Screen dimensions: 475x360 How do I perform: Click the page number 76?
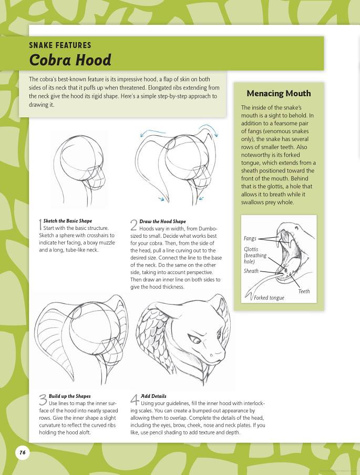[x=22, y=452]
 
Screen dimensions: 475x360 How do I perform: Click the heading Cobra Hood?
[x=70, y=60]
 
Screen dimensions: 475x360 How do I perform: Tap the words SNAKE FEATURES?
[x=60, y=45]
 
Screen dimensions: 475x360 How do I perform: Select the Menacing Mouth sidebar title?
[x=279, y=94]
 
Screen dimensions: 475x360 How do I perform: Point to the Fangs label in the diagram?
[x=250, y=239]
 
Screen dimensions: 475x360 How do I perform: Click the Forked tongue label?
[x=269, y=298]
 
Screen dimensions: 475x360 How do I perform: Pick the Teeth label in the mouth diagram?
[x=304, y=291]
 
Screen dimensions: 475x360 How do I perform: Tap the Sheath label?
[x=251, y=271]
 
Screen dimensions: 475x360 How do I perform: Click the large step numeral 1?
[x=40, y=225]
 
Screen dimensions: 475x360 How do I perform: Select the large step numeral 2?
[x=133, y=225]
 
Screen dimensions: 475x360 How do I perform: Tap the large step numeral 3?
[x=43, y=400]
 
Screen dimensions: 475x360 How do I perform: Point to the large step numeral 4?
[x=135, y=400]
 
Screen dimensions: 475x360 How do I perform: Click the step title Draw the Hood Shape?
[x=162, y=221]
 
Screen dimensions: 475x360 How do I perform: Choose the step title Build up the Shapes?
[x=69, y=396]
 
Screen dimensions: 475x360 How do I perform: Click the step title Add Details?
[x=153, y=396]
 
